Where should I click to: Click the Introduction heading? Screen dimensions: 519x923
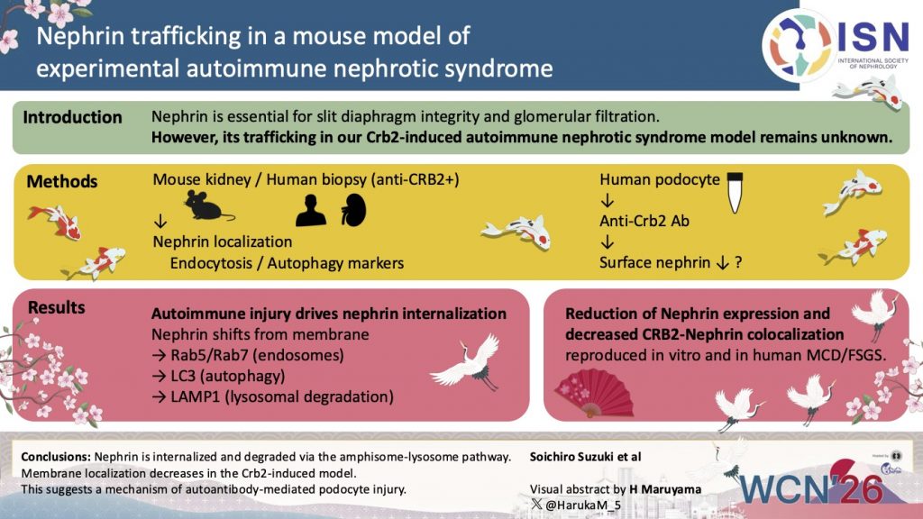point(72,118)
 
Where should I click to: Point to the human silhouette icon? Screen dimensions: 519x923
point(311,211)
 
